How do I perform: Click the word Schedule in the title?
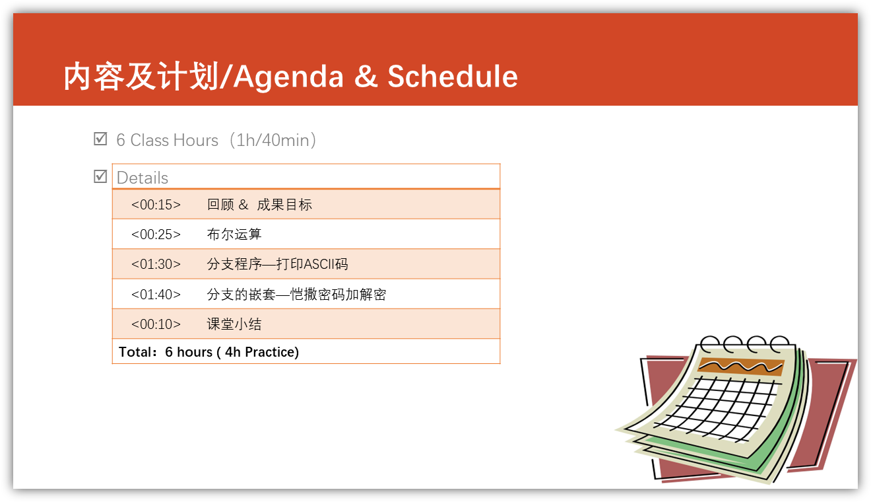click(x=453, y=76)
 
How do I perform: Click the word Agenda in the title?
click(x=288, y=78)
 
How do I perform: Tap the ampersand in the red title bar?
click(x=366, y=76)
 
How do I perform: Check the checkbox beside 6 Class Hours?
click(x=100, y=139)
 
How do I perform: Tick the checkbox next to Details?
click(x=100, y=176)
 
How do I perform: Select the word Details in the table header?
click(x=143, y=178)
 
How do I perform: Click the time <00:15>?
click(x=156, y=205)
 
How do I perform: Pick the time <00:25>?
click(x=156, y=234)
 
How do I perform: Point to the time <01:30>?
click(x=156, y=264)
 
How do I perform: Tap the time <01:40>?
click(x=156, y=295)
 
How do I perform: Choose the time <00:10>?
click(x=156, y=324)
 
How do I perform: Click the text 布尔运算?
click(x=234, y=234)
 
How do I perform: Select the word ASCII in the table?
click(x=319, y=264)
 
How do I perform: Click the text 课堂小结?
click(x=234, y=324)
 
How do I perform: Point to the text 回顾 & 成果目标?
click(x=259, y=205)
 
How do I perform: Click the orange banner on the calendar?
click(x=741, y=367)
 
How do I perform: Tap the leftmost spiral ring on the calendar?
click(x=711, y=343)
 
